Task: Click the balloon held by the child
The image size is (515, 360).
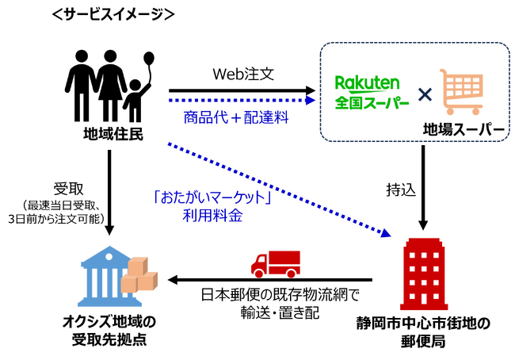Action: (150, 59)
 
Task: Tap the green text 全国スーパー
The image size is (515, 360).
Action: (372, 102)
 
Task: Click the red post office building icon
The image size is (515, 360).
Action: (423, 269)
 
